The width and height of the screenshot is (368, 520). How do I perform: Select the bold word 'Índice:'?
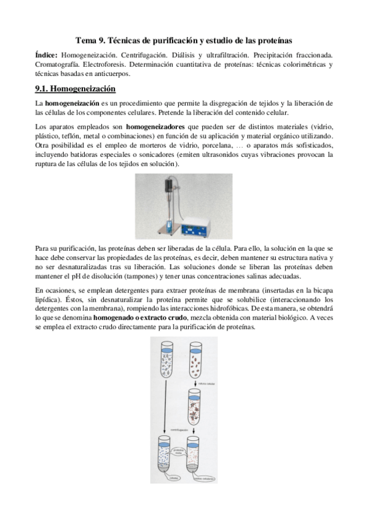click(x=48, y=55)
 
